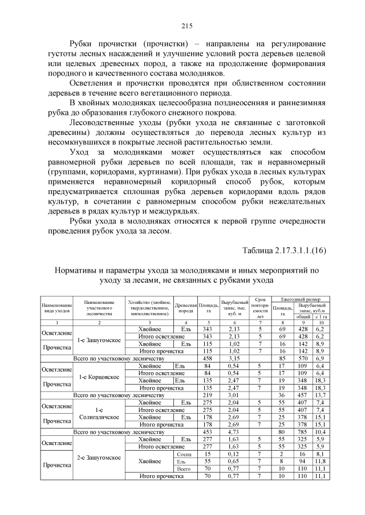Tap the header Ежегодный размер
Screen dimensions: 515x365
(299, 299)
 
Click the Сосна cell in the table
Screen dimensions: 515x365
(184, 454)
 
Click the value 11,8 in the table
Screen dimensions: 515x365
(320, 461)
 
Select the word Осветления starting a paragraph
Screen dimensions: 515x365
(95, 83)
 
